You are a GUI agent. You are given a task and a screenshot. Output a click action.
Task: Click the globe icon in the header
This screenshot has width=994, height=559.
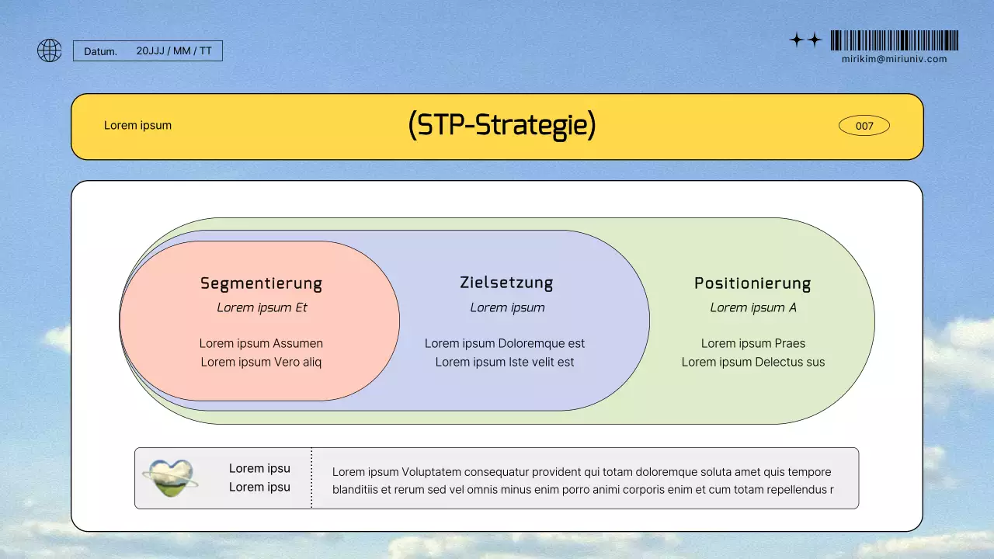(x=49, y=51)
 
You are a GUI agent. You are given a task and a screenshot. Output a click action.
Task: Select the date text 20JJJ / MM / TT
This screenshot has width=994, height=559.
(x=174, y=51)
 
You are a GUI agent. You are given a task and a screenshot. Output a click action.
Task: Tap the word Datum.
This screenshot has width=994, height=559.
(x=100, y=51)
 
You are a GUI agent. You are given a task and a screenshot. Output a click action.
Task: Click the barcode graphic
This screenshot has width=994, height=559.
(x=894, y=40)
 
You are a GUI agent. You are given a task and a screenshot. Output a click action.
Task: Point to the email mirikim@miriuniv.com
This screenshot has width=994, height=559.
(x=894, y=59)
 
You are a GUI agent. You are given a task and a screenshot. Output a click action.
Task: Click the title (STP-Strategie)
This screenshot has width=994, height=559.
(x=502, y=125)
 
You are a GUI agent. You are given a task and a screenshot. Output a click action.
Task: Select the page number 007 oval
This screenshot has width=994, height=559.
(x=864, y=126)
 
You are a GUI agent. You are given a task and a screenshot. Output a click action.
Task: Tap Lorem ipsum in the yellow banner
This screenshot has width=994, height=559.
(x=137, y=126)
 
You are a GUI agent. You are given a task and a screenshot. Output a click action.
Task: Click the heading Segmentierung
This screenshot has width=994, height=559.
(x=261, y=283)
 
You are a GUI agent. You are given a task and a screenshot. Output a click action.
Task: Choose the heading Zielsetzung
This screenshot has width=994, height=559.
(x=506, y=283)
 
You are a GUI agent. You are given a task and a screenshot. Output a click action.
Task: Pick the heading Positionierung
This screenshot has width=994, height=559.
(x=752, y=283)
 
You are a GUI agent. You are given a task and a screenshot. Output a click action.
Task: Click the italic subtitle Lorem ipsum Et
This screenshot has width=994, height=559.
(x=262, y=307)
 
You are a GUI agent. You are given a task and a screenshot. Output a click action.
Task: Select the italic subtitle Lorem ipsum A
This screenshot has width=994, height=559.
(x=752, y=307)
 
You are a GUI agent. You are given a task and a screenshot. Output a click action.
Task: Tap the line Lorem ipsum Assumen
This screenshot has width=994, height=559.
(x=261, y=343)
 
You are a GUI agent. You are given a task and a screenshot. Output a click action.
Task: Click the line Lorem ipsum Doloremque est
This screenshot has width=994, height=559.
(x=505, y=343)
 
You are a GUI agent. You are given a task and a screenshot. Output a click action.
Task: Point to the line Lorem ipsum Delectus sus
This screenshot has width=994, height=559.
(x=752, y=362)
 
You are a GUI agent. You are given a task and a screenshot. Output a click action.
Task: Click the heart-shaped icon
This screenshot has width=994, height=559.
(x=170, y=477)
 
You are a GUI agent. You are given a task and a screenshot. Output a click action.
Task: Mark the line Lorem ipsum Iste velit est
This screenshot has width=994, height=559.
(x=505, y=362)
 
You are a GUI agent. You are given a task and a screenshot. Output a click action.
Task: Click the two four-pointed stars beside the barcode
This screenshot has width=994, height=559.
(x=805, y=40)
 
